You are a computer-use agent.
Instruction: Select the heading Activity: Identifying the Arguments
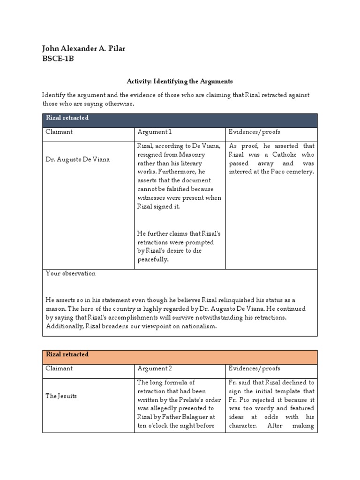point(180,81)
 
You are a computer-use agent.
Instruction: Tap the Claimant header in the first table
point(59,132)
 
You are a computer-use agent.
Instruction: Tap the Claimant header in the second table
point(59,368)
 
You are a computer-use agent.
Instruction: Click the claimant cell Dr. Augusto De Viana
point(77,159)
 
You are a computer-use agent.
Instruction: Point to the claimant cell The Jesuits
point(61,396)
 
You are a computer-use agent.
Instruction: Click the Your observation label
point(70,273)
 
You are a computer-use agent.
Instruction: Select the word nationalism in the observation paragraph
point(196,326)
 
